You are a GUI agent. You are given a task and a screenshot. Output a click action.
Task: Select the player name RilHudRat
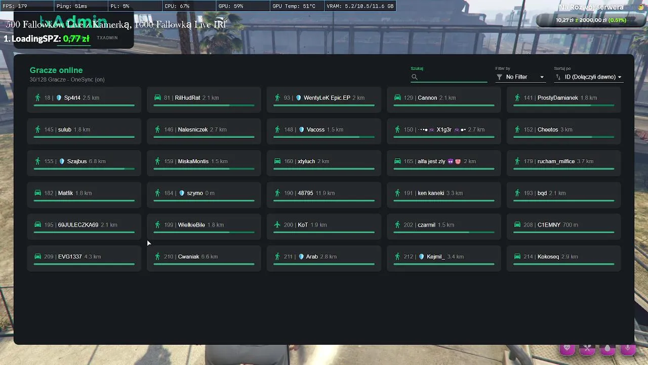[187, 98]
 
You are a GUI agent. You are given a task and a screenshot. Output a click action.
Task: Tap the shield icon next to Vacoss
[302, 130]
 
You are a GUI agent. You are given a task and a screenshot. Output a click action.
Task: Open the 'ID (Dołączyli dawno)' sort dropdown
[589, 77]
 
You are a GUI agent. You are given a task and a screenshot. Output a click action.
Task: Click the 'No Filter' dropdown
[520, 77]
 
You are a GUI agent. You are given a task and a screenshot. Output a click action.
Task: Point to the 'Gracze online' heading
[56, 70]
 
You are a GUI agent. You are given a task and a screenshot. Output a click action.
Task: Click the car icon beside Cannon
[397, 98]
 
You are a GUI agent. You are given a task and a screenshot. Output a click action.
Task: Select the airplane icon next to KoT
[277, 225]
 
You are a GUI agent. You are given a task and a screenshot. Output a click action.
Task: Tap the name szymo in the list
[195, 193]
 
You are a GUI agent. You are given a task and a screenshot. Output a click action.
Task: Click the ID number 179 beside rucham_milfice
[528, 162]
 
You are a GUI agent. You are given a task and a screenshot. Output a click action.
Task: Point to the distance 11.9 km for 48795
[325, 193]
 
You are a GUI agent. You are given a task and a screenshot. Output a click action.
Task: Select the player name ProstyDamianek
[557, 98]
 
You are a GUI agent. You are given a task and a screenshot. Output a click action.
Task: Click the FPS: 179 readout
[15, 6]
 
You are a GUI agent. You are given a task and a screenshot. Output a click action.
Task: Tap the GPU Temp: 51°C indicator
[294, 6]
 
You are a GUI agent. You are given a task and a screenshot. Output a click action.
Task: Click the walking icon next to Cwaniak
[157, 257]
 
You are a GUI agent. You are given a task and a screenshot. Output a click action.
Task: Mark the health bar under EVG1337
[84, 264]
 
